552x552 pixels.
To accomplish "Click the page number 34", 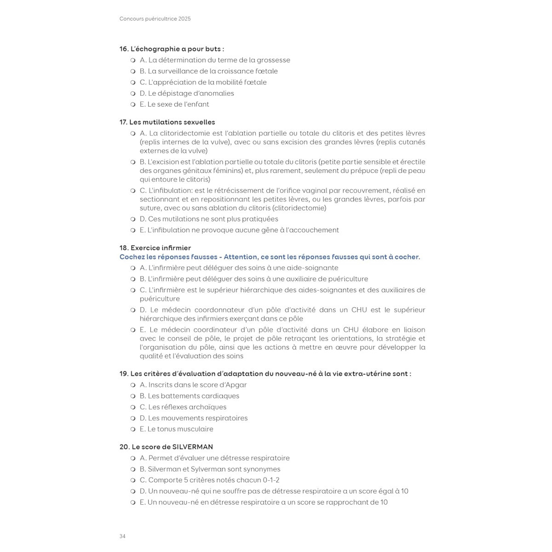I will pyautogui.click(x=122, y=536).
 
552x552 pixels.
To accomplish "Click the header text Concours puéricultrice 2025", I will pyautogui.click(x=155, y=19).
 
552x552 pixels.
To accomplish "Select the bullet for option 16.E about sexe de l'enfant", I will pyautogui.click(x=133, y=104).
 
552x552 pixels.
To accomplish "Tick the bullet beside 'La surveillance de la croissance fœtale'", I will pyautogui.click(x=133, y=71).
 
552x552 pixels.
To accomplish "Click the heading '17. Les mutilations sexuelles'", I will pyautogui.click(x=167, y=122).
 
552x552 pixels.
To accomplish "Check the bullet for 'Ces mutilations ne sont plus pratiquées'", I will pyautogui.click(x=133, y=219).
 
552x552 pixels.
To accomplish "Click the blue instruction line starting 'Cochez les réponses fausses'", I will pyautogui.click(x=270, y=257).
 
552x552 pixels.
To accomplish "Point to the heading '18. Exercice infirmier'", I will pyautogui.click(x=155, y=248).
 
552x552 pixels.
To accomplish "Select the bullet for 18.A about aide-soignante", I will pyautogui.click(x=133, y=268).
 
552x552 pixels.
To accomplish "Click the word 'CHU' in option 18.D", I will pyautogui.click(x=359, y=310).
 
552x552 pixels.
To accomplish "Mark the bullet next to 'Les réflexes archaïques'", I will pyautogui.click(x=133, y=407).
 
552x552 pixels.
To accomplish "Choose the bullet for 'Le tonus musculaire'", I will pyautogui.click(x=133, y=429).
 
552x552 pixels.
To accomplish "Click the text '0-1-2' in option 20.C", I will pyautogui.click(x=271, y=480).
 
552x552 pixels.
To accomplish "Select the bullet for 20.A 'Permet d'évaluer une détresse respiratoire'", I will pyautogui.click(x=133, y=458).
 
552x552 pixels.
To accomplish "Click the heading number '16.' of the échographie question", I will pyautogui.click(x=124, y=49).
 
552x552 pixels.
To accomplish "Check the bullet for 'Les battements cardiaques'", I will pyautogui.click(x=133, y=396).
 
